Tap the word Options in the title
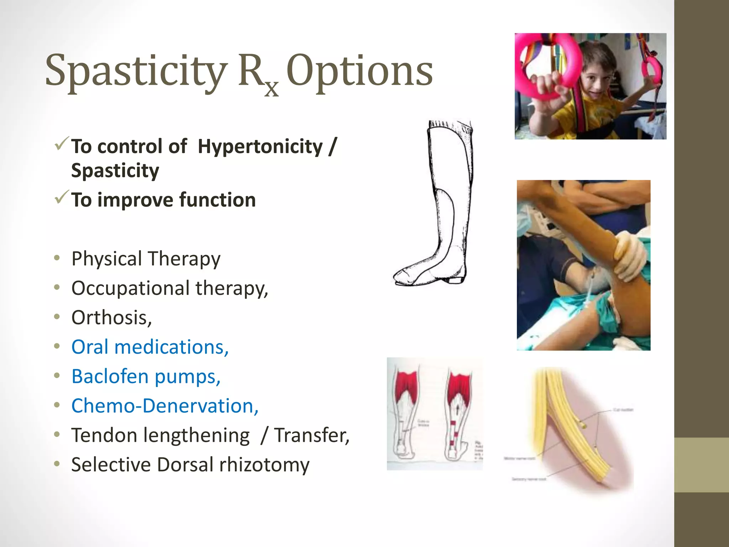360,71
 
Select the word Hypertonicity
260,147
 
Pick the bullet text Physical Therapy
146,259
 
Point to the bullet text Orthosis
111,317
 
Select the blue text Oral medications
150,347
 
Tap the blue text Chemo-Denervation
165,406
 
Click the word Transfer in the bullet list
311,435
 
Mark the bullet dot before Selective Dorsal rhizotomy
57,464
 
